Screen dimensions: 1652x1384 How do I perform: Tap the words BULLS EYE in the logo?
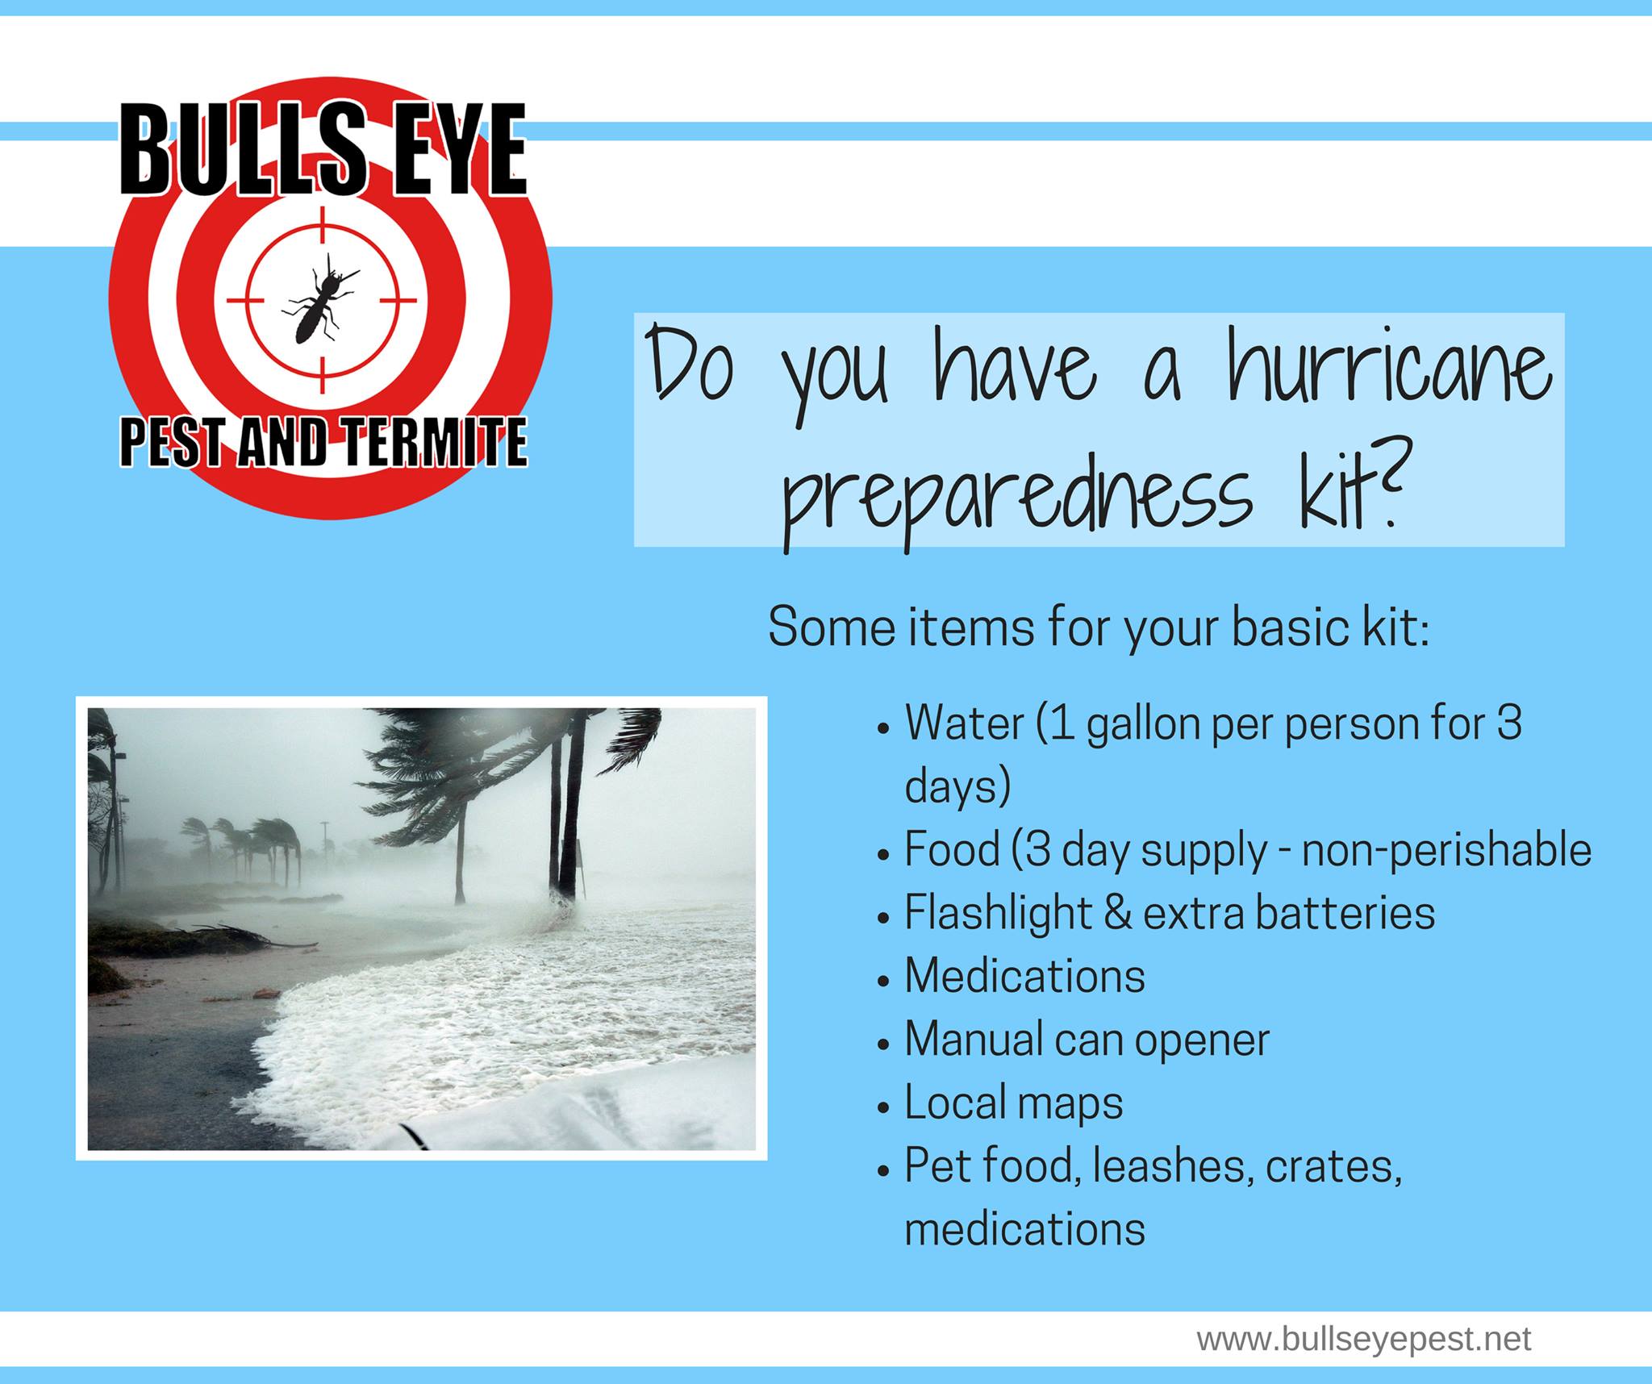[323, 150]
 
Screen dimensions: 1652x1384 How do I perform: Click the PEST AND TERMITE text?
[323, 441]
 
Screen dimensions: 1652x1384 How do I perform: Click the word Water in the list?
[965, 722]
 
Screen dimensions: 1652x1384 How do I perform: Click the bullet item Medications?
[1024, 976]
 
